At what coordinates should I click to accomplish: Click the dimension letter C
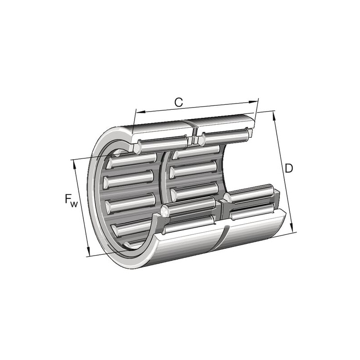178,103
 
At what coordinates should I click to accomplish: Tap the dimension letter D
289,168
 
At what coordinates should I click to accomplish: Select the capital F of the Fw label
68,198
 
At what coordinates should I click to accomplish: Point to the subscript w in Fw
74,204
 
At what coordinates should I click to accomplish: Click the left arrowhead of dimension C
140,112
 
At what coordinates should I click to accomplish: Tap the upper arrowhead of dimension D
274,116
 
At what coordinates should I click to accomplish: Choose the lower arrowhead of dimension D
293,228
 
